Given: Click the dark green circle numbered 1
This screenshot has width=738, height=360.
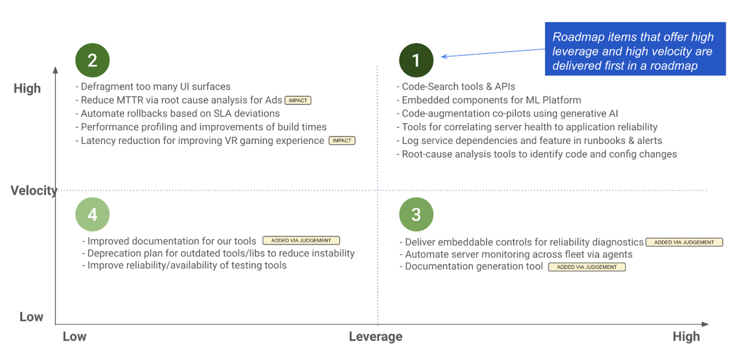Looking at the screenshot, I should pos(416,60).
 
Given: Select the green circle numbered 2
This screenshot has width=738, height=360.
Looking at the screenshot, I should pos(92,60).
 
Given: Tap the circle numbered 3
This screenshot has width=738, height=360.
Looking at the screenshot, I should pos(416,214).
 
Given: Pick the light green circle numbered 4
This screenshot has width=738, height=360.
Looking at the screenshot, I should pos(92,214).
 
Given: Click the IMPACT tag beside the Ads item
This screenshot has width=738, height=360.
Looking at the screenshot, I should pos(298,101).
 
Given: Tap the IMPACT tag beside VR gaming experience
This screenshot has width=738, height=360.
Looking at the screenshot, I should pos(342,141).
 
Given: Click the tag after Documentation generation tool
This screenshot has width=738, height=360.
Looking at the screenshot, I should pos(587,267).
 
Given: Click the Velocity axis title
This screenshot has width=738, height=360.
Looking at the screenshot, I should pos(34,191).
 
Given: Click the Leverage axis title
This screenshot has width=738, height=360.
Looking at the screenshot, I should pos(375,337).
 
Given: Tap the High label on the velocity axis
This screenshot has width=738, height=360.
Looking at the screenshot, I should pos(27,88).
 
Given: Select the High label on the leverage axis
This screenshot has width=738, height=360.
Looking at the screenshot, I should pos(686,337).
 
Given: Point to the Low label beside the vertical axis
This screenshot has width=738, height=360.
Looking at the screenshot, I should pos(31,317).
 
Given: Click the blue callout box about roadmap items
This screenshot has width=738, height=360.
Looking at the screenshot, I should pos(635,49).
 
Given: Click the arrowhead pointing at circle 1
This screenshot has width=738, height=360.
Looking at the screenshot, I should pos(444,56).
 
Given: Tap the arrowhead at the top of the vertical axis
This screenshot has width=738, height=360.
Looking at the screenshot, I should pos(55,70).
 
